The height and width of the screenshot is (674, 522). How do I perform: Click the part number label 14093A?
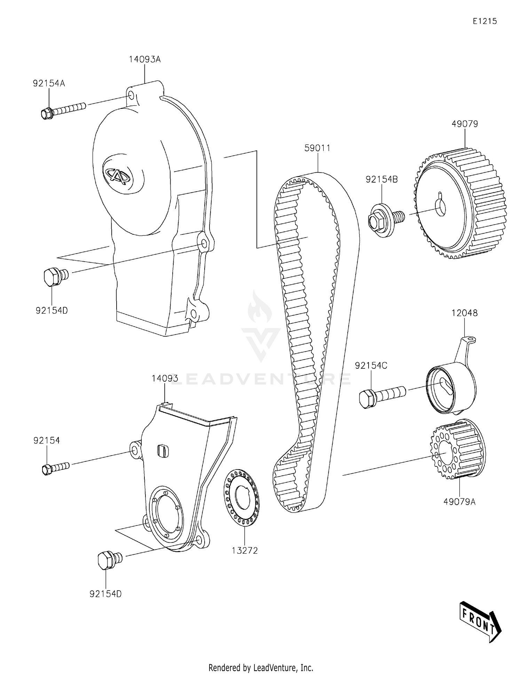coord(145,59)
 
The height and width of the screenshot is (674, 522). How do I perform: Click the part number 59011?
coord(317,148)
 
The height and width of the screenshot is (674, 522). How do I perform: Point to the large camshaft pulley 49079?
coord(459,203)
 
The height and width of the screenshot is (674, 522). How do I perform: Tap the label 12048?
coord(465,313)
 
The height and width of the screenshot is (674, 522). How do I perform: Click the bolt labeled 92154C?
coord(381,395)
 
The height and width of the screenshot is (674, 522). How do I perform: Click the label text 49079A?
coord(459,502)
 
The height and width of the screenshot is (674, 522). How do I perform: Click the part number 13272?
coord(245,551)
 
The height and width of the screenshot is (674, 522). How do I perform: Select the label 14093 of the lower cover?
coord(165,378)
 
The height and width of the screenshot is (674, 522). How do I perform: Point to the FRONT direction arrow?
coord(480,621)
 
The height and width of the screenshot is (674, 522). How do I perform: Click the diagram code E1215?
coord(484,21)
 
